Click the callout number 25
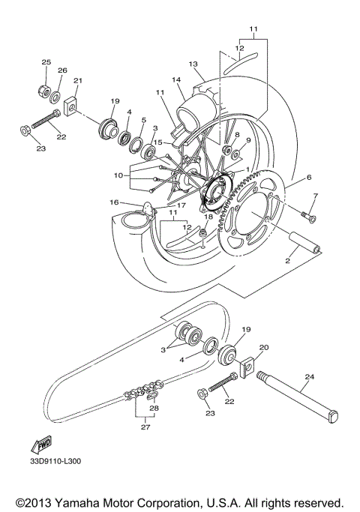[46, 61]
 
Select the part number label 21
[78, 81]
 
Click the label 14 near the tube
[177, 79]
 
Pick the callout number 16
[115, 202]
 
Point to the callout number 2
[286, 262]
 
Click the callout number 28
[154, 409]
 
